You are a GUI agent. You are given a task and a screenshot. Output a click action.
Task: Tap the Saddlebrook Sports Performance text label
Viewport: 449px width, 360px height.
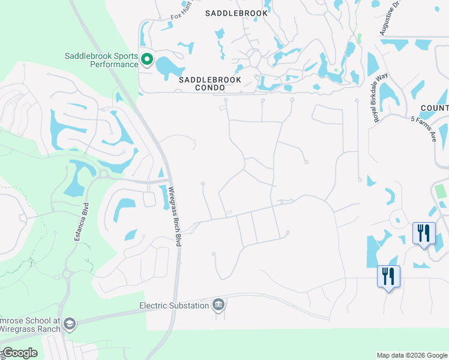pyautogui.click(x=101, y=60)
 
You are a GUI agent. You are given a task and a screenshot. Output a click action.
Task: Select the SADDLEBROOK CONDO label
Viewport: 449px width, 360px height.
pyautogui.click(x=210, y=83)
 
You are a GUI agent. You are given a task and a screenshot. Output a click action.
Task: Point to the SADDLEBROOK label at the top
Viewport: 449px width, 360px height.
pyautogui.click(x=235, y=13)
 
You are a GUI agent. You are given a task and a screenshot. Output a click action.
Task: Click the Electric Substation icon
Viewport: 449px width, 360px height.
pyautogui.click(x=219, y=305)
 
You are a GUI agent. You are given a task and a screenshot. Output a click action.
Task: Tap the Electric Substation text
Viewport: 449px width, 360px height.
pyautogui.click(x=174, y=305)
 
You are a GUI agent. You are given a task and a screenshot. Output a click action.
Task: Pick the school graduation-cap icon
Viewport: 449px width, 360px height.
pyautogui.click(x=69, y=325)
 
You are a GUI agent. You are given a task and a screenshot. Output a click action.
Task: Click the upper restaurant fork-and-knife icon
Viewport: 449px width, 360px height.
pyautogui.click(x=424, y=233)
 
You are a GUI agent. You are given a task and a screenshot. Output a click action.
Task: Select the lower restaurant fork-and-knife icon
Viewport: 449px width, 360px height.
pyautogui.click(x=388, y=276)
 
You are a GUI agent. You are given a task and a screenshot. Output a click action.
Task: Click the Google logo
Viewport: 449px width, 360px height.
pyautogui.click(x=19, y=353)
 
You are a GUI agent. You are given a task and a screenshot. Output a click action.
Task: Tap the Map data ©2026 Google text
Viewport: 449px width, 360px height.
pyautogui.click(x=412, y=355)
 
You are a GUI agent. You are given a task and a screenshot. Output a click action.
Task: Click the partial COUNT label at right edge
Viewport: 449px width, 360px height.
pyautogui.click(x=435, y=108)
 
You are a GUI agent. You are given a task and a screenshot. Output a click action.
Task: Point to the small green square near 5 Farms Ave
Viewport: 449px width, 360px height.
pyautogui.click(x=441, y=192)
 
